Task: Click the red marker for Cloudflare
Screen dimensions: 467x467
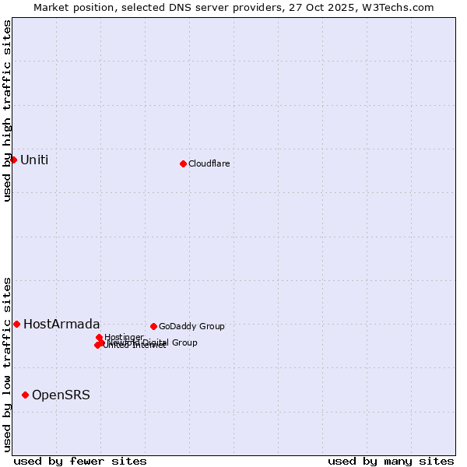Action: [x=183, y=163]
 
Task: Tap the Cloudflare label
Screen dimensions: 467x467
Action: [x=209, y=163]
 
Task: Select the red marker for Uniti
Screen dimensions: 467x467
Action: [x=13, y=160]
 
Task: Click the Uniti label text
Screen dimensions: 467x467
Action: [x=34, y=160]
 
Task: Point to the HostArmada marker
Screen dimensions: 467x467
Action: [x=16, y=324]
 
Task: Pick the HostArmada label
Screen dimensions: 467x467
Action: [x=61, y=325]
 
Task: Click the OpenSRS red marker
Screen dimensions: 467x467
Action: [x=25, y=395]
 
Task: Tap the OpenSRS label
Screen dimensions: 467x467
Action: [x=61, y=395]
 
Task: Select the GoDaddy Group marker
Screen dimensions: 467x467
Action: [x=153, y=326]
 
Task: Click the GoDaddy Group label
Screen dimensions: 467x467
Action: [x=191, y=326]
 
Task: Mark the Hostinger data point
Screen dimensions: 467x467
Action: [x=99, y=337]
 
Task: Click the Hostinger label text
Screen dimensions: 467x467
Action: [x=124, y=337]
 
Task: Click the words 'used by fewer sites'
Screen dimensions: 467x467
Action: [x=80, y=461]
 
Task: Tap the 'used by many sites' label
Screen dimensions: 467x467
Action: [x=391, y=461]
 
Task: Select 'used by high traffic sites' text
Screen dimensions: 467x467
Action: [x=7, y=111]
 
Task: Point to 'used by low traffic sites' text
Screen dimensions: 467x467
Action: [x=7, y=363]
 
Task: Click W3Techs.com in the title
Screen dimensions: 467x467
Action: [x=402, y=7]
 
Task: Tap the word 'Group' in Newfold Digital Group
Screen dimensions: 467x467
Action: [x=184, y=342]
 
